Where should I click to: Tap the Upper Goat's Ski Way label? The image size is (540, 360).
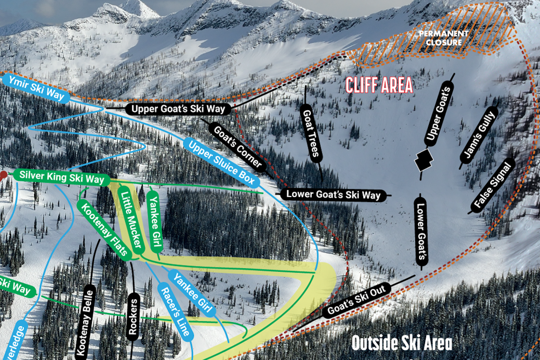[x=178, y=109]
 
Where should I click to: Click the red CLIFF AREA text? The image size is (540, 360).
[x=379, y=85]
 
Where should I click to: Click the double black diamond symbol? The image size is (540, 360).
[x=423, y=159]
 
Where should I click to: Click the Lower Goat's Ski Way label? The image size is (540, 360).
[x=333, y=195]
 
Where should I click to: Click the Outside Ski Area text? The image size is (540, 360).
[x=401, y=343]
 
